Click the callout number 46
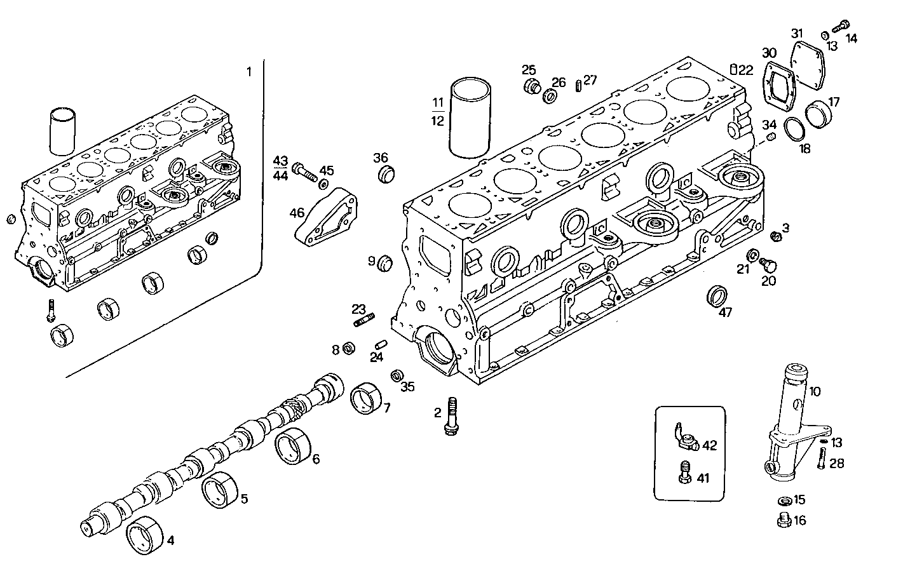click(297, 213)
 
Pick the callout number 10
click(815, 391)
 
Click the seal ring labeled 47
click(717, 296)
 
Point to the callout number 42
click(709, 445)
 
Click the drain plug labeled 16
click(783, 521)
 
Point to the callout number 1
click(249, 72)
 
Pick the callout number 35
click(407, 386)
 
